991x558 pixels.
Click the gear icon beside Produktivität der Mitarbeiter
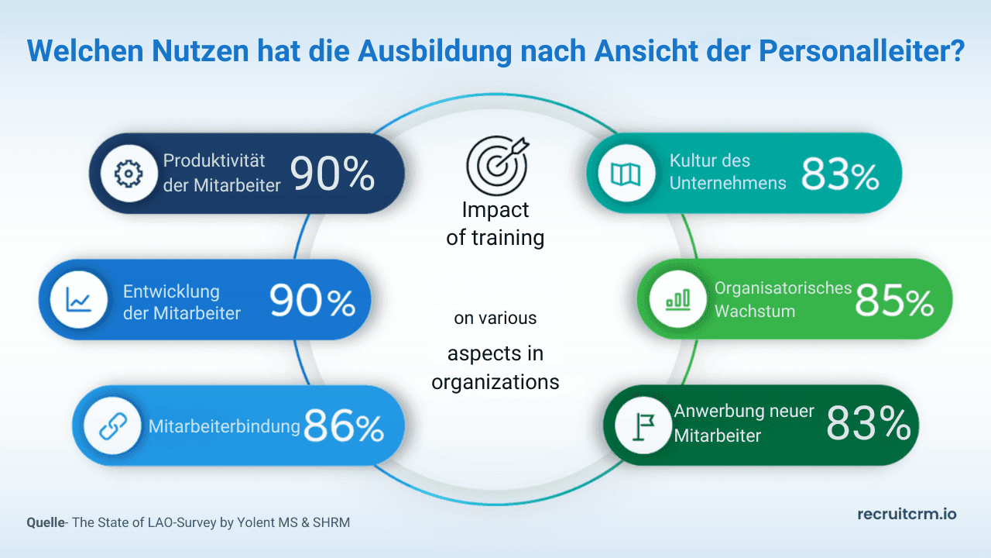124,174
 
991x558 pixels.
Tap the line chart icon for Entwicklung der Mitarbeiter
78,299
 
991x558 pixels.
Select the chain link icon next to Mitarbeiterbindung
112,426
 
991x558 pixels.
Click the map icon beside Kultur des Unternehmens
626,174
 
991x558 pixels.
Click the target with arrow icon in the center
495,164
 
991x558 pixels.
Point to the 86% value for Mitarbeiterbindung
344,426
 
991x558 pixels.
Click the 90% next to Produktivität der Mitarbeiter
333,174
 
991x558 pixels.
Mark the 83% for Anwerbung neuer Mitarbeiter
868,424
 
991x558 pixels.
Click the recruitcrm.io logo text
907,514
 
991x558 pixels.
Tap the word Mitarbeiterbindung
224,426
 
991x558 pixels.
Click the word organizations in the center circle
495,382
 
